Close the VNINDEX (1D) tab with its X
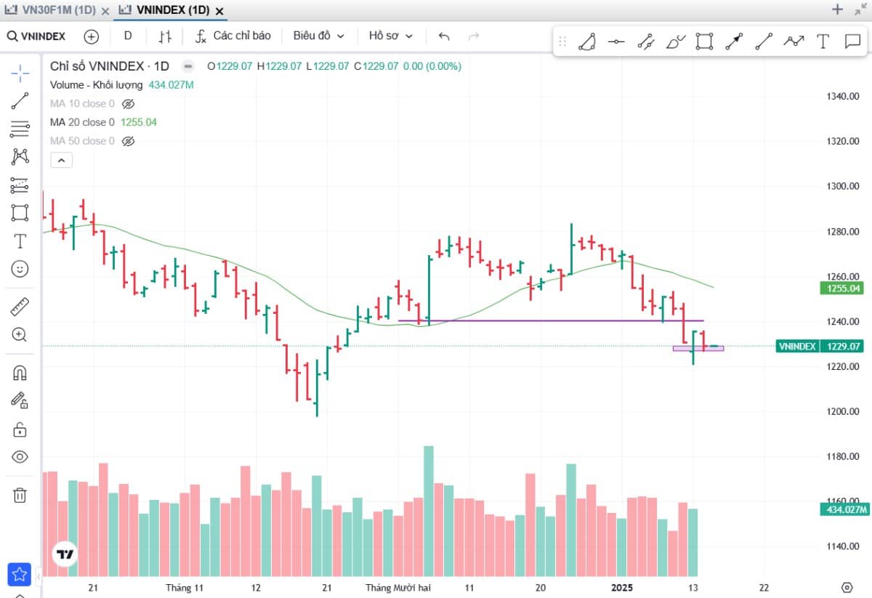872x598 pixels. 219,12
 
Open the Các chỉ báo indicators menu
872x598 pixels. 233,36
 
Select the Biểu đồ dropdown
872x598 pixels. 318,36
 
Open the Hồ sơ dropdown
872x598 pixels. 390,36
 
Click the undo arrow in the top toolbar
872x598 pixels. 444,36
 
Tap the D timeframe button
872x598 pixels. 128,36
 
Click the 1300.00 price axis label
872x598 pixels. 843,186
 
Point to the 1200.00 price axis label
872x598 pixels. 843,411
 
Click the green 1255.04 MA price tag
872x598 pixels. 841,288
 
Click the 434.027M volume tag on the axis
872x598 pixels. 844,509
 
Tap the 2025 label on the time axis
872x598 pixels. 622,588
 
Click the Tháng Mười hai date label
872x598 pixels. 398,588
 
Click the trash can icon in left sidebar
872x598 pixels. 20,496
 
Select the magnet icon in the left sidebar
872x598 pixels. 20,373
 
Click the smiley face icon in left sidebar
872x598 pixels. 20,269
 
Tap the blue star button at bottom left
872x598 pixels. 19,574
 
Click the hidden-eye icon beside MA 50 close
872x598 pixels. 128,141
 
